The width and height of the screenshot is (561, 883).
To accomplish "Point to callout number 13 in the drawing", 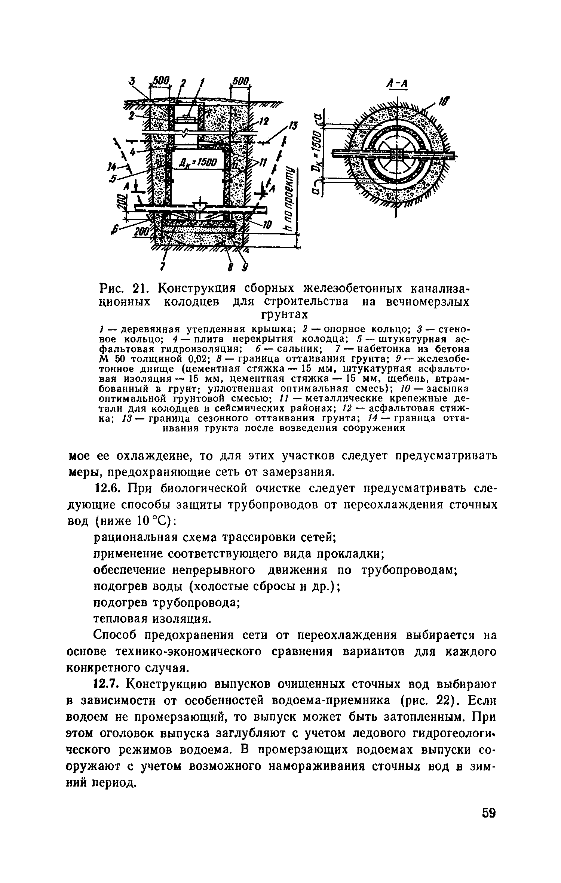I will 291,127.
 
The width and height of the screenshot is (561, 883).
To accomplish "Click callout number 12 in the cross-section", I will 264,121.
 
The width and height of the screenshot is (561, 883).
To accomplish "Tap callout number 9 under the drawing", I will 246,267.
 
